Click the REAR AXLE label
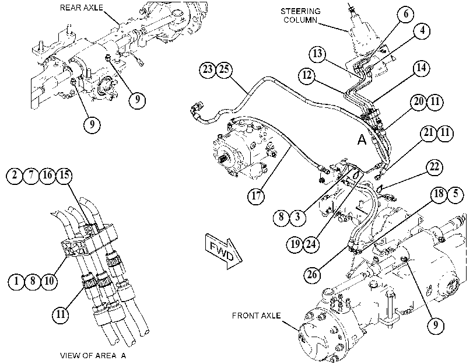tap(82, 8)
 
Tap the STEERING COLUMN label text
tap(300, 15)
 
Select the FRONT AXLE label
tap(257, 316)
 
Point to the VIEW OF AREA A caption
tap(93, 355)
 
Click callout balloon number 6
tap(406, 14)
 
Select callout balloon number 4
tap(422, 30)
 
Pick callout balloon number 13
tap(317, 54)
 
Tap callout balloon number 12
tap(307, 75)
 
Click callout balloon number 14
tap(421, 68)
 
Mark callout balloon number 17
tap(256, 196)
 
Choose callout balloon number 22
tap(434, 167)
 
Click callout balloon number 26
tap(312, 274)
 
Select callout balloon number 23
tap(208, 69)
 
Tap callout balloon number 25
tap(224, 69)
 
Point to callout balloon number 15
tap(64, 175)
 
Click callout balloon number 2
tap(14, 175)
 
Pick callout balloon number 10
tap(49, 281)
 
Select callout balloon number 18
tap(439, 194)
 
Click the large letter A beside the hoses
tap(362, 139)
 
